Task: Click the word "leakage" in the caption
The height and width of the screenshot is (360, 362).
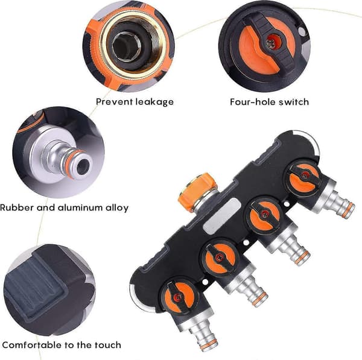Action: [x=154, y=102]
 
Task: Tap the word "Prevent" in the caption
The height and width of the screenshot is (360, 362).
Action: [x=114, y=101]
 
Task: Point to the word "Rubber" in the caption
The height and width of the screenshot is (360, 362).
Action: [x=17, y=207]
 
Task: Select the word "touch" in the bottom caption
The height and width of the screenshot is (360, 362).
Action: [x=108, y=345]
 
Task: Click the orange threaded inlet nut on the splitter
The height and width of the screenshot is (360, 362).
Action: [x=198, y=191]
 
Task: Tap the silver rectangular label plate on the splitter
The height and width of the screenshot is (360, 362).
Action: [x=221, y=216]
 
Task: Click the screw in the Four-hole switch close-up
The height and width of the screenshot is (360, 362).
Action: [x=271, y=42]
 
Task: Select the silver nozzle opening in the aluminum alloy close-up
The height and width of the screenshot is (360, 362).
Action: [x=83, y=167]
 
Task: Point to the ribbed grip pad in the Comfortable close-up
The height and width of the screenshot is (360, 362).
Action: [x=33, y=286]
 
